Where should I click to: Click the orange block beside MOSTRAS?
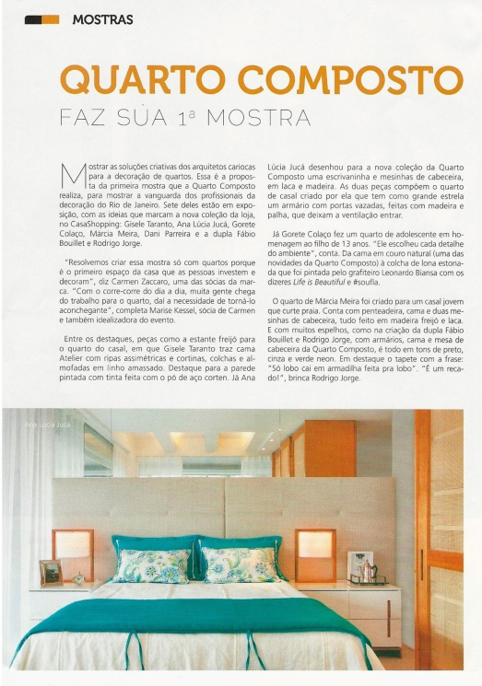[x=42, y=18]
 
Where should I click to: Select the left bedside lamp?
[x=74, y=548]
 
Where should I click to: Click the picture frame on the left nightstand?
[x=52, y=572]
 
